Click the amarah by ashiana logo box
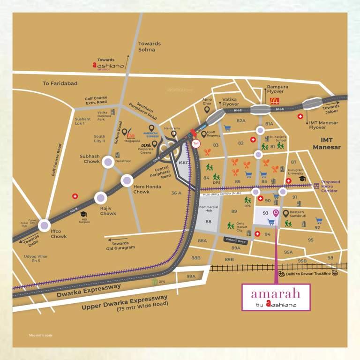point(277,297)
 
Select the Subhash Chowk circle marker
point(108,162)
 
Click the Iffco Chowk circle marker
point(45,225)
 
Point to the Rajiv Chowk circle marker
point(100,198)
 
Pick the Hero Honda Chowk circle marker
point(127,180)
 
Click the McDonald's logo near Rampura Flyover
point(274,100)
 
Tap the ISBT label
point(183,163)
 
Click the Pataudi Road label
point(235,240)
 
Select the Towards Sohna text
point(150,46)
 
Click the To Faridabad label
point(60,83)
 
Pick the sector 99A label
point(191,277)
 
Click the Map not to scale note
point(41,335)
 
